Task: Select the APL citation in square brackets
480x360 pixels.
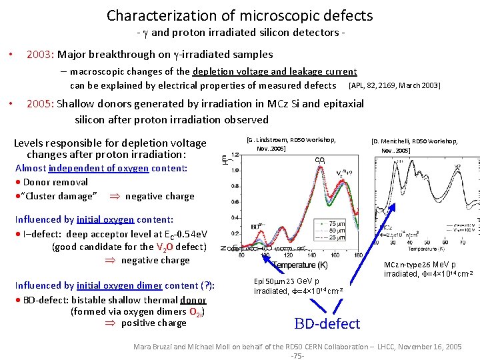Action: click(394, 85)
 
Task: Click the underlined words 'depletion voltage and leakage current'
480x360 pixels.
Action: click(275, 71)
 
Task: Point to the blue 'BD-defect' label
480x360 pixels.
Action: click(327, 324)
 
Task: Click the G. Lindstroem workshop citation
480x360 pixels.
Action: click(291, 144)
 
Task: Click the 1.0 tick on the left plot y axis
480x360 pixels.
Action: click(235, 170)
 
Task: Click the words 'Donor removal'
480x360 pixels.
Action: click(55, 182)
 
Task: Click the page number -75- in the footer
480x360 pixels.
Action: click(297, 356)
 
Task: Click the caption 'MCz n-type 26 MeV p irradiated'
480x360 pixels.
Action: click(419, 269)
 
